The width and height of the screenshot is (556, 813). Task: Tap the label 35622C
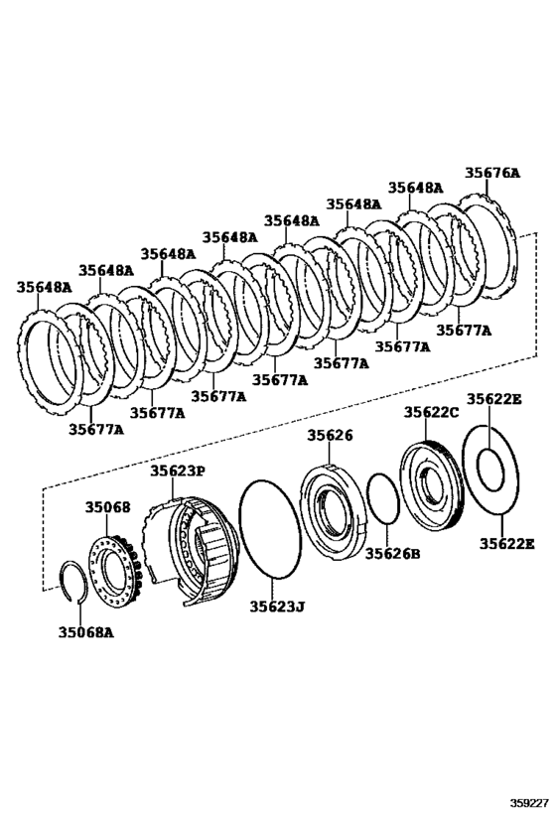coord(431,412)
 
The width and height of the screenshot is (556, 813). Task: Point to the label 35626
coord(330,435)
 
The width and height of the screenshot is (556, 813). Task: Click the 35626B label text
coord(393,553)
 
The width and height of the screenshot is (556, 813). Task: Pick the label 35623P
coord(179,472)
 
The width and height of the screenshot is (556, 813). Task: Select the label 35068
coord(107,507)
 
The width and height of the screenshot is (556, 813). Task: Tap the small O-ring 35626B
coord(382,498)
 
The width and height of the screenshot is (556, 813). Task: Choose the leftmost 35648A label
coord(44,287)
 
